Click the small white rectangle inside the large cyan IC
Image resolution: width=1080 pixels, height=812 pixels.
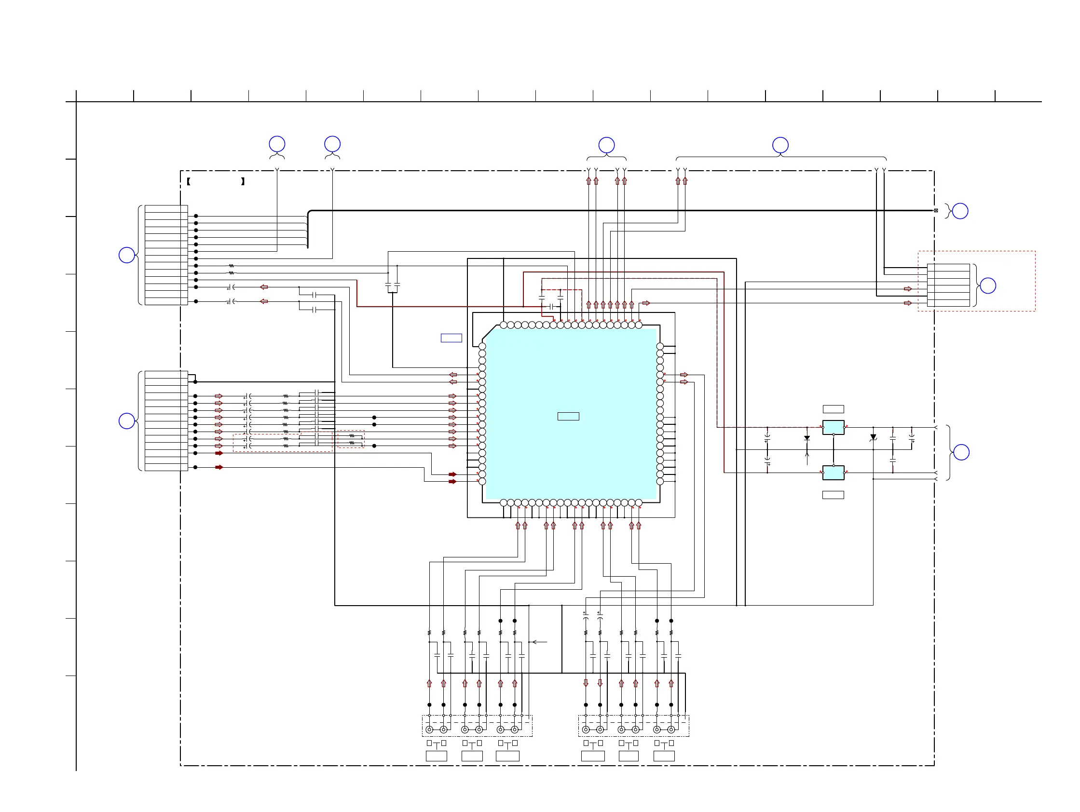pyautogui.click(x=568, y=416)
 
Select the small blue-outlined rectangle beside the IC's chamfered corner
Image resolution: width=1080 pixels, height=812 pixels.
pyautogui.click(x=451, y=338)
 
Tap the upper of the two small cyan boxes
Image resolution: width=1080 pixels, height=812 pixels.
pyautogui.click(x=833, y=427)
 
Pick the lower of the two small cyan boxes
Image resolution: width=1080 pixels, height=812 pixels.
pyautogui.click(x=833, y=473)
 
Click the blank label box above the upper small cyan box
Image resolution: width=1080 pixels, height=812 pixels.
pyautogui.click(x=833, y=409)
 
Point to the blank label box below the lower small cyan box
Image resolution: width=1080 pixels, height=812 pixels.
pyautogui.click(x=833, y=495)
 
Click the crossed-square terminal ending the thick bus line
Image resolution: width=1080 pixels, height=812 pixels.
pyautogui.click(x=935, y=210)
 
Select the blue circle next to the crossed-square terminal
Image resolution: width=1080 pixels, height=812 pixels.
pyautogui.click(x=960, y=211)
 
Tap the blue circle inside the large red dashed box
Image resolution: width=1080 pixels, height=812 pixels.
pyautogui.click(x=988, y=285)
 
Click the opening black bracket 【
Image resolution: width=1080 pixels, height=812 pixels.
pyautogui.click(x=189, y=181)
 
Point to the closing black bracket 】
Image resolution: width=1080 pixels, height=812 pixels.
pyautogui.click(x=243, y=181)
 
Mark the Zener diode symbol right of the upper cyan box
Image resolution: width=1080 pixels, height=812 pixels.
pyautogui.click(x=873, y=438)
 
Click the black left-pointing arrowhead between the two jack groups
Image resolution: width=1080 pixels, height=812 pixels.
pyautogui.click(x=533, y=642)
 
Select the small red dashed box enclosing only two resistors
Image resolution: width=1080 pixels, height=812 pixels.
pyautogui.click(x=351, y=439)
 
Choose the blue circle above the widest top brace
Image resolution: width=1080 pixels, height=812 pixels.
pyautogui.click(x=780, y=145)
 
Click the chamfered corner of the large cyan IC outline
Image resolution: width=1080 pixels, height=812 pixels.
pyautogui.click(x=489, y=332)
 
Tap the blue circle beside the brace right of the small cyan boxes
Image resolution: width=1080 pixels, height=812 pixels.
pyautogui.click(x=961, y=452)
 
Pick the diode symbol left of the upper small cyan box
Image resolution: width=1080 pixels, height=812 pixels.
pyautogui.click(x=807, y=438)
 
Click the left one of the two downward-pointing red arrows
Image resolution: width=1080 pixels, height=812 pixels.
pyautogui.click(x=586, y=683)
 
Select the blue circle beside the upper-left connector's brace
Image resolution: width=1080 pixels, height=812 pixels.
pyautogui.click(x=127, y=255)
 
